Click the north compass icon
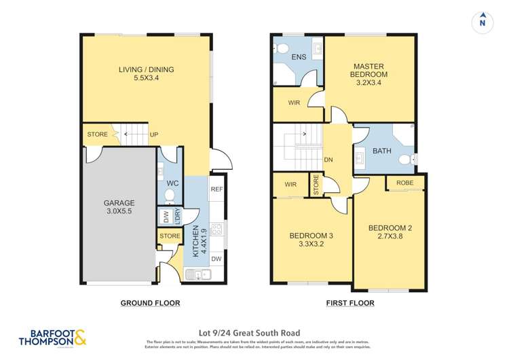(482, 22)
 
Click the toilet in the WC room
(170, 196)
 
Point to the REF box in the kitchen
(217, 190)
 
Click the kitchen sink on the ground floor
(199, 274)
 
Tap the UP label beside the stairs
(154, 134)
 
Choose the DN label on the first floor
(328, 160)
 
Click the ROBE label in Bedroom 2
(405, 183)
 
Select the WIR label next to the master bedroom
(294, 103)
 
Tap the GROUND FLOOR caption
(150, 303)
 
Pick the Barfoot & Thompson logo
(52, 338)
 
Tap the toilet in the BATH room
(405, 160)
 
